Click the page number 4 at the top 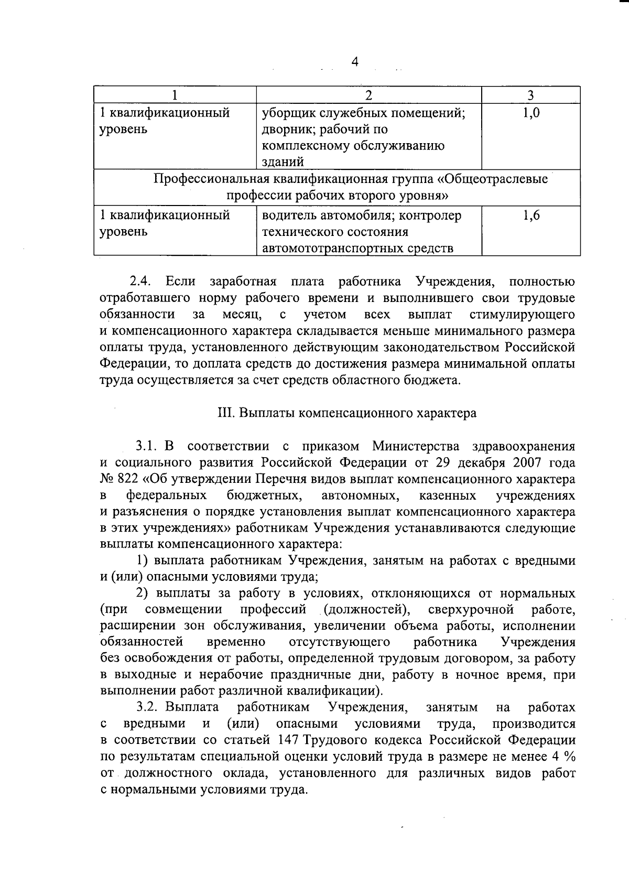point(355,62)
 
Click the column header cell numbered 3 point(530,95)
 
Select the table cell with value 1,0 point(530,113)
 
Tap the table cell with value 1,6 point(530,215)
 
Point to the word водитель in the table point(286,215)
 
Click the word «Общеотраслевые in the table point(493,179)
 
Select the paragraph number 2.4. point(142,282)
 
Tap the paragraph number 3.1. point(147,447)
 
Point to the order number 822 point(129,479)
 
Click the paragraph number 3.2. point(147,708)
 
